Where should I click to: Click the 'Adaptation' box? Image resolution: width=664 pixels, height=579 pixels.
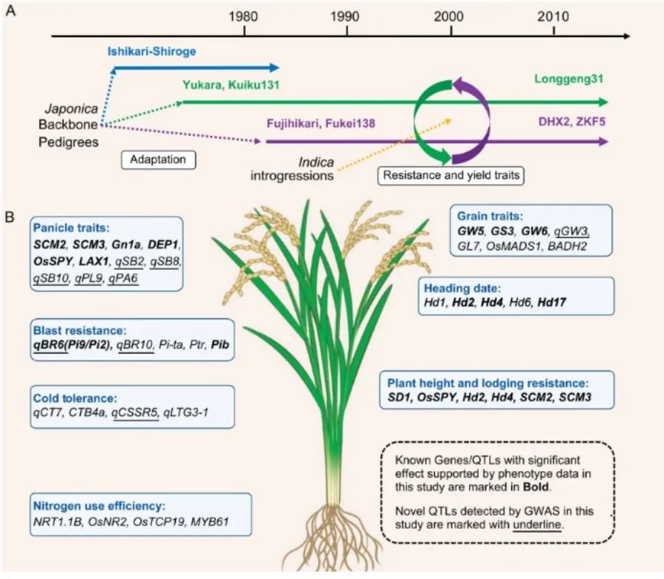tap(158, 158)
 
